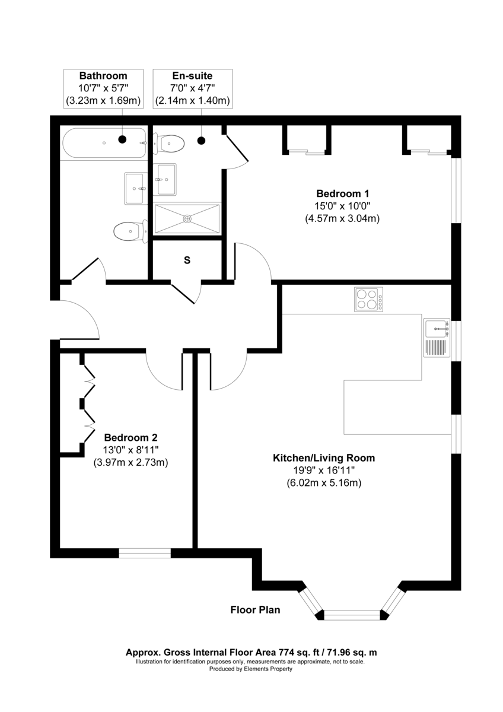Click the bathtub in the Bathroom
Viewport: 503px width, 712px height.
click(105, 143)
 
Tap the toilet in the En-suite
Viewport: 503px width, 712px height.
click(169, 143)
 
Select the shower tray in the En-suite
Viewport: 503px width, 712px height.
click(187, 219)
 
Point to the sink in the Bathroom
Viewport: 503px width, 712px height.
click(136, 189)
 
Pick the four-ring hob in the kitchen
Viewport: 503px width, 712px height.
click(368, 299)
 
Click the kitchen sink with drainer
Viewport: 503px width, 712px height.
click(437, 338)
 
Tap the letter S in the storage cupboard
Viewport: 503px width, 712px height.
click(187, 260)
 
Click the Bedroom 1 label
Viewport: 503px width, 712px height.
click(342, 193)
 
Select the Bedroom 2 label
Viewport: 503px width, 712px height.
click(130, 438)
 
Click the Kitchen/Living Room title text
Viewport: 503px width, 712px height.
click(324, 457)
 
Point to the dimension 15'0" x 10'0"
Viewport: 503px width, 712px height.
click(342, 206)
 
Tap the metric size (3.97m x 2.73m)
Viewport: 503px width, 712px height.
click(130, 462)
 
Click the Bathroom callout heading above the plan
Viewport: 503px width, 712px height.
click(103, 76)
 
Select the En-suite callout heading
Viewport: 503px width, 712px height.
click(192, 76)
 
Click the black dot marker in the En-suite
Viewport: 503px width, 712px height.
click(202, 141)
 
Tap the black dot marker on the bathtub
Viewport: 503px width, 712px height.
click(122, 139)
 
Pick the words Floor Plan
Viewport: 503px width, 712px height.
click(255, 610)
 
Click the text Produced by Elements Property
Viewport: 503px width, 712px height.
click(251, 669)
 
